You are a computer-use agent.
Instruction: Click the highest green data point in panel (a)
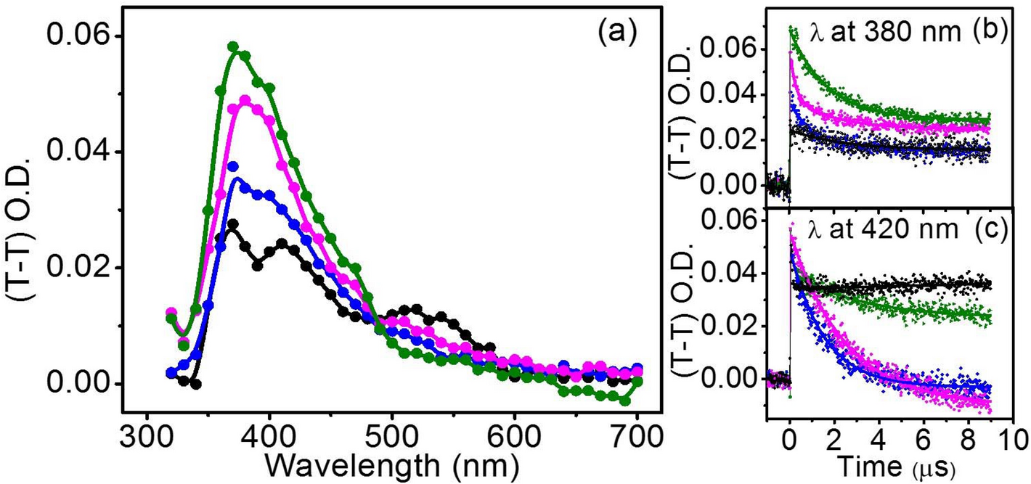(233, 46)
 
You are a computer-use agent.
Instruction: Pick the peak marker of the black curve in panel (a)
(232, 224)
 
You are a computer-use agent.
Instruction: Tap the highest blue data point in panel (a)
(233, 166)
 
